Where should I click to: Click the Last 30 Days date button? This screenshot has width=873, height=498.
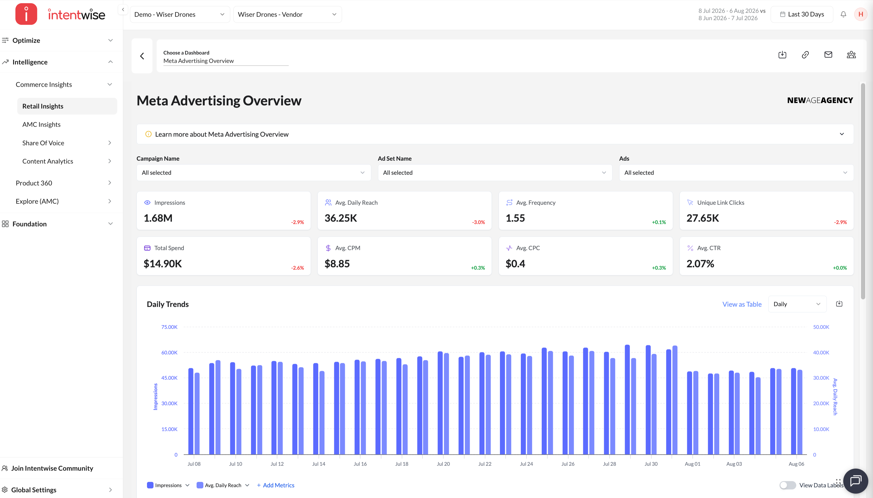[x=801, y=14]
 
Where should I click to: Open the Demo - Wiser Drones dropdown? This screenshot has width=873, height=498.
[x=180, y=14]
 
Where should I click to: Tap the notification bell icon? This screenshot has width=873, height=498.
[x=843, y=14]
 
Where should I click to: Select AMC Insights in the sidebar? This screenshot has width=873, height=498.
[x=42, y=125]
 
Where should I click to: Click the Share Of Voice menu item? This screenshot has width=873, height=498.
[x=43, y=143]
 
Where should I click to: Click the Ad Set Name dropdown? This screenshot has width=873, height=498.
[x=495, y=173]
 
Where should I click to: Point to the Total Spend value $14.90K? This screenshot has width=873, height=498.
[x=163, y=264]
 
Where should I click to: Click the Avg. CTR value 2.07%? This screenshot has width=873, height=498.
[x=700, y=264]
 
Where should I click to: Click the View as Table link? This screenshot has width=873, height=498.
[x=742, y=304]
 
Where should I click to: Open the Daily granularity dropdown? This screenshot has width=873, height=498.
[x=797, y=304]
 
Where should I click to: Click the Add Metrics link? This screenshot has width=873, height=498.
[x=276, y=485]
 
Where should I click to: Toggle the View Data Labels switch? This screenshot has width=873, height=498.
[x=787, y=485]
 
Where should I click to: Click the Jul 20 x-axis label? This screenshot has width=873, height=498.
[x=443, y=464]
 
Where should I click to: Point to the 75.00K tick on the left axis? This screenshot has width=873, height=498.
[x=169, y=327]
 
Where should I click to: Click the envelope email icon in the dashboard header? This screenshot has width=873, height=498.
[x=828, y=55]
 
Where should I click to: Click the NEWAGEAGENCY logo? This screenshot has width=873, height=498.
[x=820, y=100]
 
